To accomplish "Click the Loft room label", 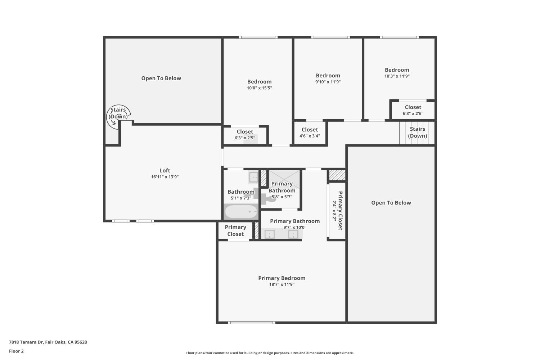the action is [165, 171].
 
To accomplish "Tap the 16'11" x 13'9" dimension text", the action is [165, 177].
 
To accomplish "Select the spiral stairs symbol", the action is [118, 117].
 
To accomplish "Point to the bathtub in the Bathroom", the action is [241, 211].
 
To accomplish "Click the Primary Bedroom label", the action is [282, 278].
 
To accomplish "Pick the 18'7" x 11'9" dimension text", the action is [282, 284].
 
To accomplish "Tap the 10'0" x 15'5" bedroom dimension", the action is [259, 88].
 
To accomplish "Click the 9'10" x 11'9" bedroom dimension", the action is [328, 82].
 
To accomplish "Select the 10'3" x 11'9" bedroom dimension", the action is [397, 76].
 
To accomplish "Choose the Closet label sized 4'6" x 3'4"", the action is [310, 130].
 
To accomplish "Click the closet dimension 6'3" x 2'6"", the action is [413, 113].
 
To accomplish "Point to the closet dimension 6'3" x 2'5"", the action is [245, 138].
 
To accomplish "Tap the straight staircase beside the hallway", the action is [417, 132].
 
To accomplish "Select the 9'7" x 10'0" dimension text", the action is [294, 227].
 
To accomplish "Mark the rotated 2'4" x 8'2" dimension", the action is [334, 211].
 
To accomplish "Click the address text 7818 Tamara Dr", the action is [26, 342].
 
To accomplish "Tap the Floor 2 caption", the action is [16, 351].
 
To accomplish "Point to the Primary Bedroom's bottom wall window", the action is [251, 323].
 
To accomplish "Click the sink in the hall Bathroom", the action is [253, 178].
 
